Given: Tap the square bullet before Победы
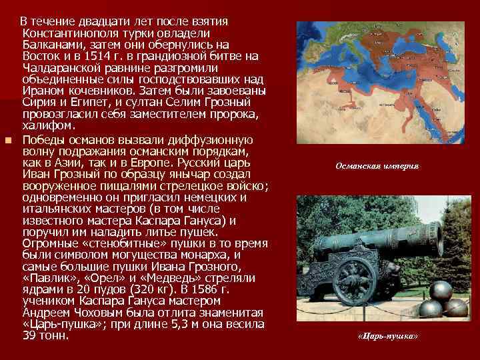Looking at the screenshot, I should (8, 140).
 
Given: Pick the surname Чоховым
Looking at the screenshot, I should (99, 313).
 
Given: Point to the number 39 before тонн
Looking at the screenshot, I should (31, 337).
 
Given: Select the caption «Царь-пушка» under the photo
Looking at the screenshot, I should (388, 335).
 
